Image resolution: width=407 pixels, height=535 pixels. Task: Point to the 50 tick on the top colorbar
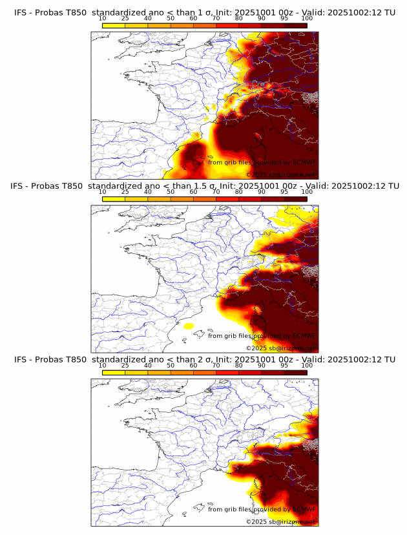[171, 18]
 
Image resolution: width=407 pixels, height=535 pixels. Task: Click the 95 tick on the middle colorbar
[284, 192]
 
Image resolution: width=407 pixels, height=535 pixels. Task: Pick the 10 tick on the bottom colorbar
[103, 366]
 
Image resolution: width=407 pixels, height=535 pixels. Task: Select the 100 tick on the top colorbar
[307, 18]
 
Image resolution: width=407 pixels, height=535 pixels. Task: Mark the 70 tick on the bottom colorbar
[216, 366]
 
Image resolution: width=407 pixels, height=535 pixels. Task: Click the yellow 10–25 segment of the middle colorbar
[114, 198]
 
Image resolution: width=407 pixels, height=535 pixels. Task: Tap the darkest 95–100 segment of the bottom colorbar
[296, 373]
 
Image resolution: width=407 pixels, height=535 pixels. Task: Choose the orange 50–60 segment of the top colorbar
[182, 25]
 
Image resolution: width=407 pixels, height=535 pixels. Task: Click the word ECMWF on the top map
[304, 162]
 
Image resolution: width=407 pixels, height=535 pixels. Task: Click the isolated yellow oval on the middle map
[188, 326]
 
